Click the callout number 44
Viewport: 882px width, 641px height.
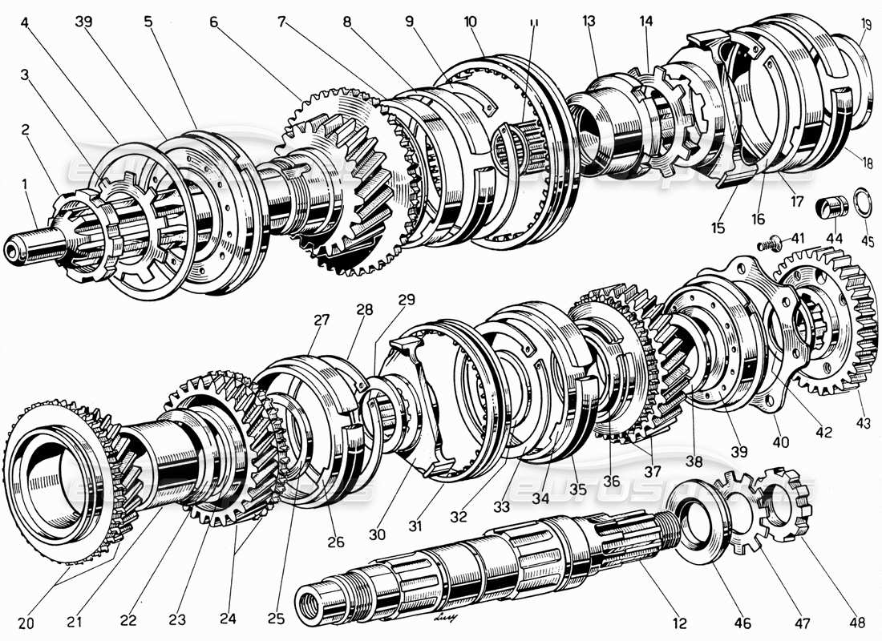(x=835, y=238)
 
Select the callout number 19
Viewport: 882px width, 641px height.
(x=864, y=25)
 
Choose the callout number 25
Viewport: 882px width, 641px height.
(x=277, y=620)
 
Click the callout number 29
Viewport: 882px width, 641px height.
(x=407, y=300)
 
